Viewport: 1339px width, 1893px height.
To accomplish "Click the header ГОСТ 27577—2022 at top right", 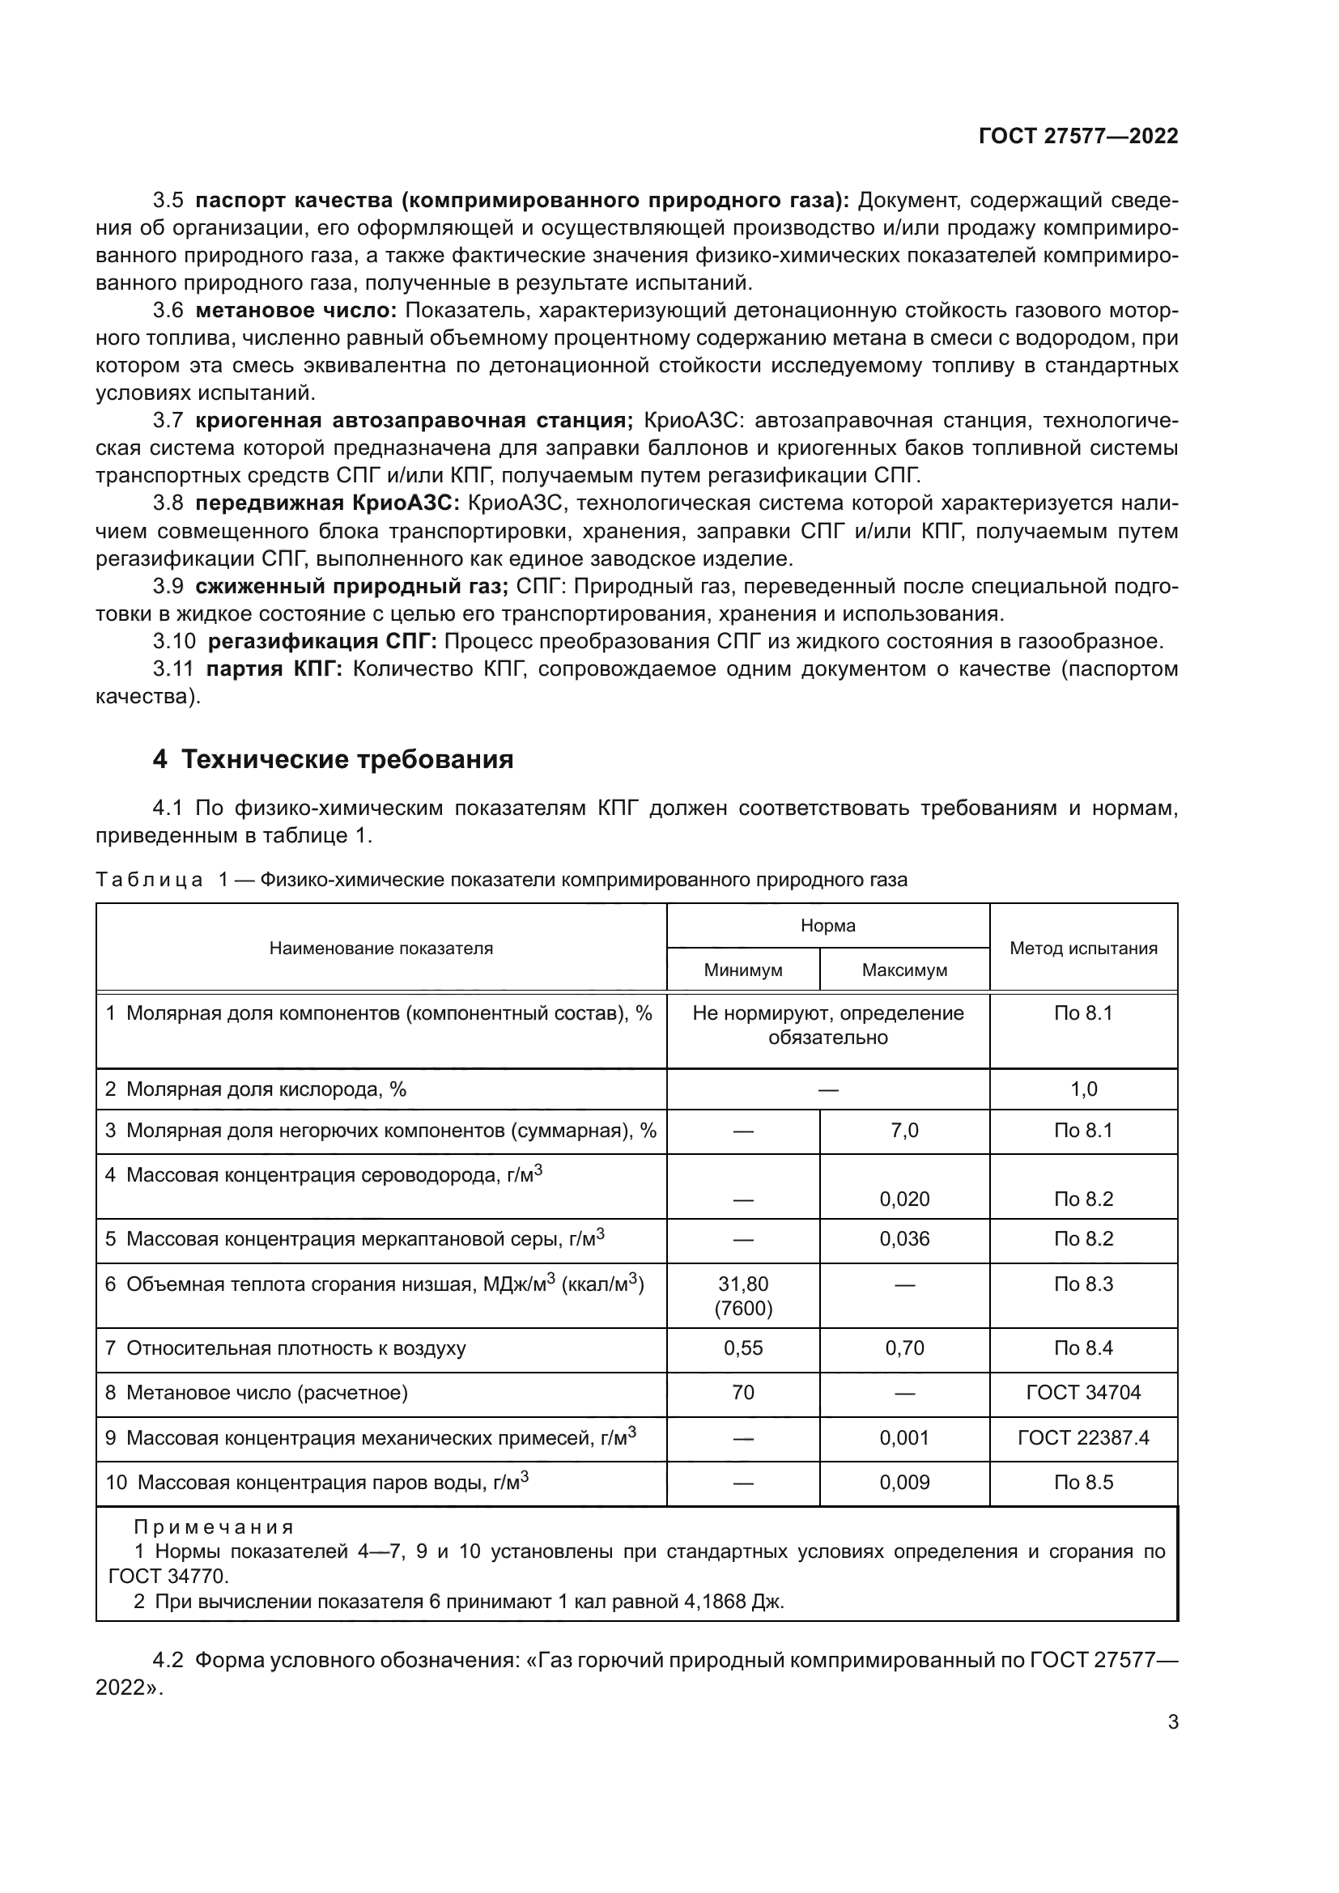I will tap(1078, 136).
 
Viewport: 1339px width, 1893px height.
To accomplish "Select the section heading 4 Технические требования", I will tap(332, 759).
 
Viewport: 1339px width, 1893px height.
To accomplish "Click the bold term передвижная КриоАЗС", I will tap(326, 503).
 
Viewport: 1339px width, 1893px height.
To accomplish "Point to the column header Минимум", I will tap(742, 970).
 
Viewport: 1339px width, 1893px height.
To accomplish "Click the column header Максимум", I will tap(903, 970).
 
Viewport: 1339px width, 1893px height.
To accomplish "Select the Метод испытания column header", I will tap(1082, 949).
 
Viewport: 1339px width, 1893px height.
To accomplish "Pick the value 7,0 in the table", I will tap(903, 1131).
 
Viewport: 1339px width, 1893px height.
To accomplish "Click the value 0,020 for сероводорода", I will tap(903, 1199).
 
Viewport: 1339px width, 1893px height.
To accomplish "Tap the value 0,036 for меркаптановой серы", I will tap(903, 1239).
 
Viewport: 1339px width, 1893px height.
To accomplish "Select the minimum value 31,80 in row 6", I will tap(742, 1284).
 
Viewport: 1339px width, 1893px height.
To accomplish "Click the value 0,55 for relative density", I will tap(742, 1348).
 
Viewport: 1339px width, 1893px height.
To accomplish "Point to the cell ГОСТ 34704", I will tap(1082, 1393).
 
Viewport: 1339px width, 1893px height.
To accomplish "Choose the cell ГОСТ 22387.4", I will tap(1082, 1438).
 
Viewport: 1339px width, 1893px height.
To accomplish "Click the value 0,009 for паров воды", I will tap(903, 1483).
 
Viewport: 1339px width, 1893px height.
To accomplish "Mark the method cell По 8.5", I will tap(1082, 1483).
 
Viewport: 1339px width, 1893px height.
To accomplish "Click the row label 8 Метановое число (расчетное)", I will tap(257, 1393).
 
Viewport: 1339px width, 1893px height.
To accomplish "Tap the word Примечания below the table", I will tap(214, 1527).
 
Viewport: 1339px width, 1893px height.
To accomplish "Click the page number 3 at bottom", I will tap(1172, 1722).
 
